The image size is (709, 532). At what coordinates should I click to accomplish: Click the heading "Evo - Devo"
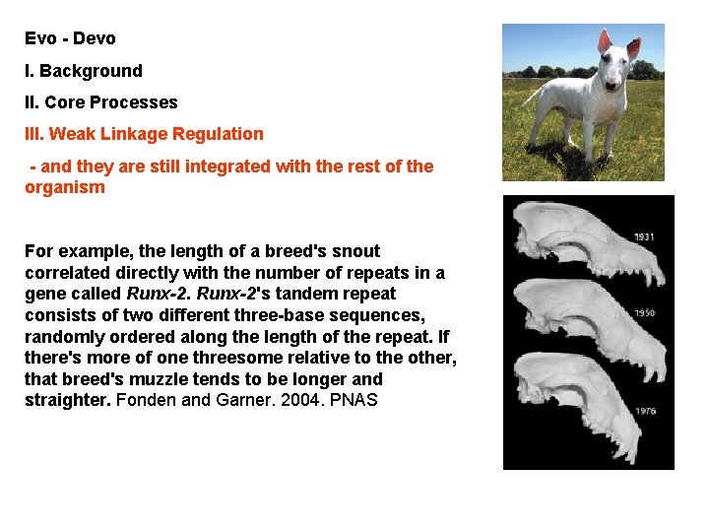(70, 38)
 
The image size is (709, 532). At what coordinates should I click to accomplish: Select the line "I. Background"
(83, 71)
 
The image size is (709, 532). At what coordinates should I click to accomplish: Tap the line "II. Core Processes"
(100, 102)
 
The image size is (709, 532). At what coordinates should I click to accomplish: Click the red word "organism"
(64, 187)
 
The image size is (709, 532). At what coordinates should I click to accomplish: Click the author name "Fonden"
(144, 401)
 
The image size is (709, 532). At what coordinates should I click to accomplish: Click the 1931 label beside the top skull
(645, 237)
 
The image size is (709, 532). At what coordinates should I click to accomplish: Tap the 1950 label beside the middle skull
(645, 313)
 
